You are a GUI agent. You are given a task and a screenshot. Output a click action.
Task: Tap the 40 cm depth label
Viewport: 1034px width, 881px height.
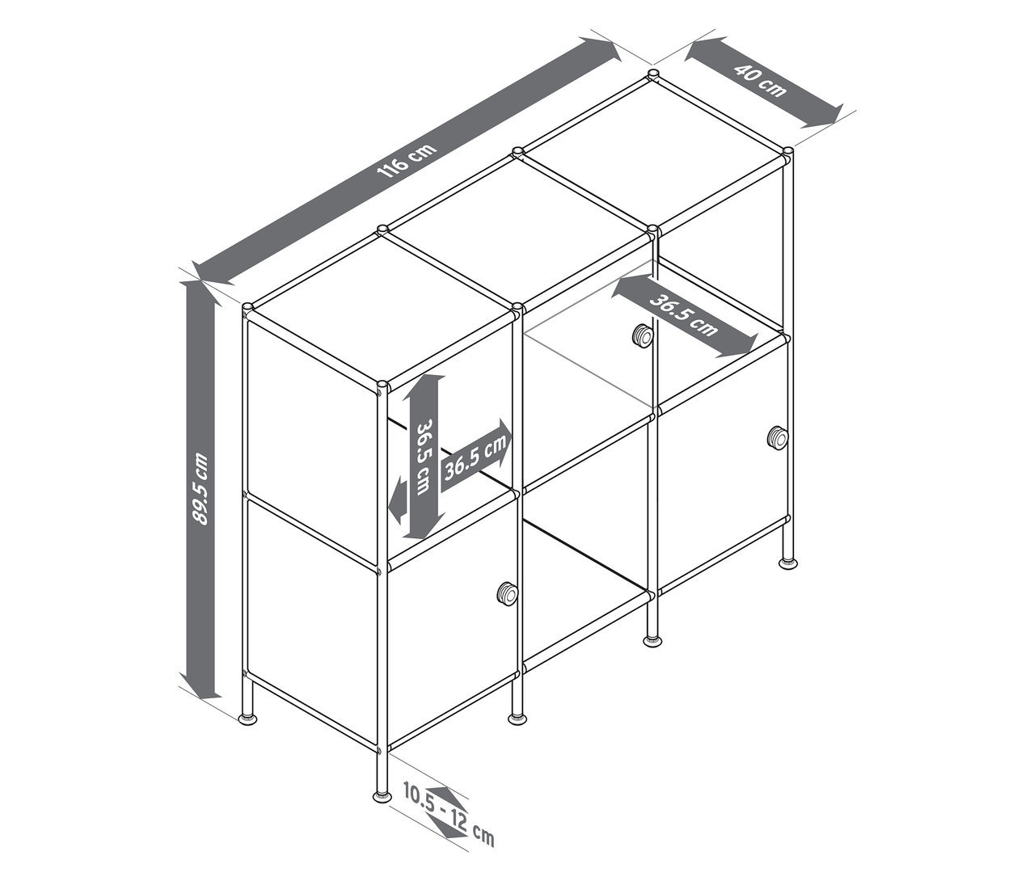(x=761, y=82)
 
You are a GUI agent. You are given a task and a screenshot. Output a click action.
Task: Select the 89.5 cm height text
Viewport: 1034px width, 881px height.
(x=200, y=488)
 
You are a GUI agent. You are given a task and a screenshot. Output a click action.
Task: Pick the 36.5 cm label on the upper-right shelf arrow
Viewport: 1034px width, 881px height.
(x=684, y=315)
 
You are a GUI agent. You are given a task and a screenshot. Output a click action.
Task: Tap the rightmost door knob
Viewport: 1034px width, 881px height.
(x=778, y=438)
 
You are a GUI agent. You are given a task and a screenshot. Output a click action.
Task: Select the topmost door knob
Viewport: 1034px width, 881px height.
(x=642, y=335)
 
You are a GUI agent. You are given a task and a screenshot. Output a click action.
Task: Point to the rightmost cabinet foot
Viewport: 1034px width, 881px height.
(x=788, y=563)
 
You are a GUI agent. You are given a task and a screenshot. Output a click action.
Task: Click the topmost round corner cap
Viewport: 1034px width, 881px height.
(x=652, y=75)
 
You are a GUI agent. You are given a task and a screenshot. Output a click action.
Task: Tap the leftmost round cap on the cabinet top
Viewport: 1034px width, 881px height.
(x=247, y=307)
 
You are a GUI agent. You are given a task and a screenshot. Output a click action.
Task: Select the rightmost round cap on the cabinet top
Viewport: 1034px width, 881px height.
(x=788, y=151)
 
